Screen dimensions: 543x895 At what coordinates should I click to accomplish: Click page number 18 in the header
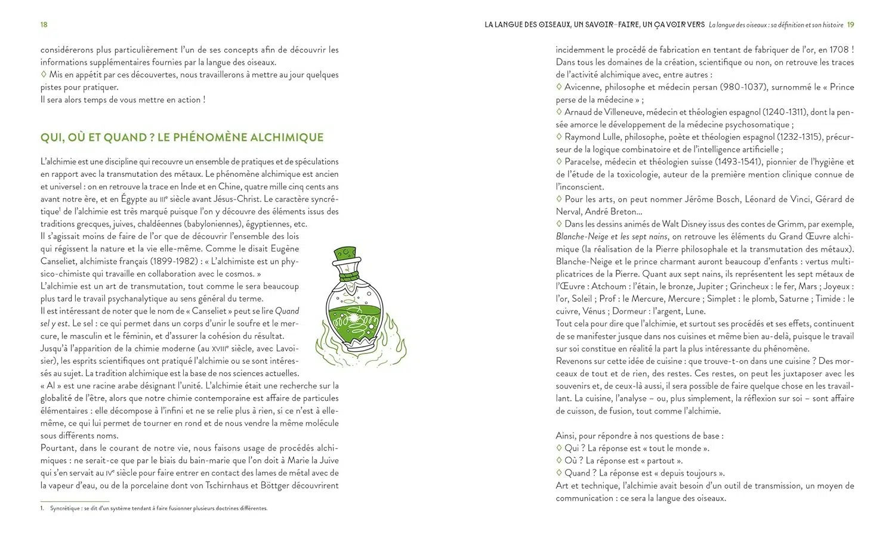point(44,24)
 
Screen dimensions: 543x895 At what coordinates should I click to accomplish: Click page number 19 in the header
point(850,24)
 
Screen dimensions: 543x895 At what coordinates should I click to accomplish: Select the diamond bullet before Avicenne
point(559,87)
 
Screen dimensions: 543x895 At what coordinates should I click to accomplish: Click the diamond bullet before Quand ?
point(559,473)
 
